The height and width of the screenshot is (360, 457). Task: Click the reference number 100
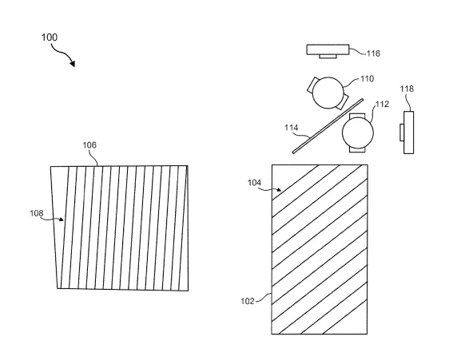point(49,38)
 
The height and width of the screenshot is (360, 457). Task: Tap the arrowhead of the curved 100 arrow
point(72,63)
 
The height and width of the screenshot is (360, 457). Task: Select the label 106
point(89,145)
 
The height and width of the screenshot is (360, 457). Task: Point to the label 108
point(37,213)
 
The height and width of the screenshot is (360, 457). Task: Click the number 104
point(254,183)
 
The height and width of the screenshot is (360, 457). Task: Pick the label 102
point(248,301)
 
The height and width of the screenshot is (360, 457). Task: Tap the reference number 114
point(292,128)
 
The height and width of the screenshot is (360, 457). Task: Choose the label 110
point(368,79)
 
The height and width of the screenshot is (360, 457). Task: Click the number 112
point(382,104)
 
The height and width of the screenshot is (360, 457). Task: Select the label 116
point(373,53)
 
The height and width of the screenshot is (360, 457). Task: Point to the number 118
point(407,89)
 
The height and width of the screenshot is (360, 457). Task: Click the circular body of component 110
point(328,93)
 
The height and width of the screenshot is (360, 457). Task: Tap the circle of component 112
point(358,133)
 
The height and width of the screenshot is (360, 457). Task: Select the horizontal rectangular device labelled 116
point(328,49)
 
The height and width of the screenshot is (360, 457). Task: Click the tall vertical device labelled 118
point(408,133)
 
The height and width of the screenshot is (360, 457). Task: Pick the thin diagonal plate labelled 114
point(328,126)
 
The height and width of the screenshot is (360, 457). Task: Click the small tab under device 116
point(328,57)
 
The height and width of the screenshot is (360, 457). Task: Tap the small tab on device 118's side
point(402,133)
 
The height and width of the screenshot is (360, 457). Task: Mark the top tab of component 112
point(357,116)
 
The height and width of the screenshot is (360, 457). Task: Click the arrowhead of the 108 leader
point(62,220)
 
